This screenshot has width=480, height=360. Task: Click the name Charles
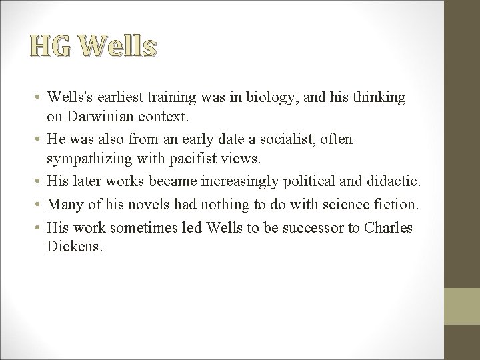390,227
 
